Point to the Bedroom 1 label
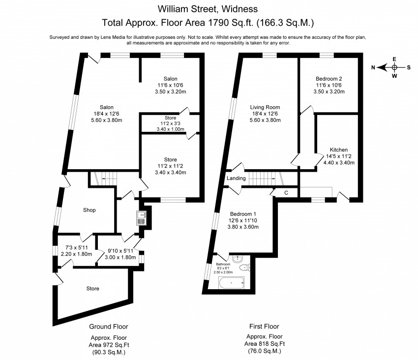click(x=244, y=214)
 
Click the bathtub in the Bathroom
click(x=231, y=283)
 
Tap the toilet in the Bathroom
click(x=244, y=268)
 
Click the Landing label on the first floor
click(x=236, y=178)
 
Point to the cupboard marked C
click(x=286, y=193)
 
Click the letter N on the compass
click(x=373, y=67)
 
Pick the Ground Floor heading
click(x=109, y=326)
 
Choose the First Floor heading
click(x=265, y=326)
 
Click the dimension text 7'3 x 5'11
click(x=73, y=247)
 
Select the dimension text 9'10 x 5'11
click(x=120, y=250)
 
